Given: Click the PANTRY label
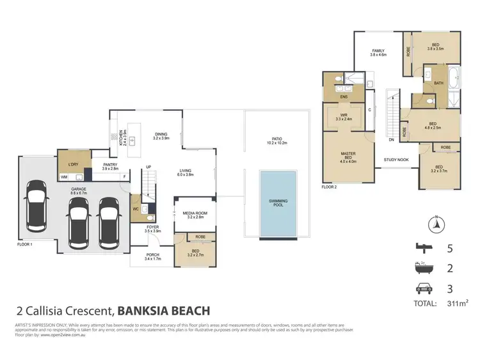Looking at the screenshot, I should point(109,166).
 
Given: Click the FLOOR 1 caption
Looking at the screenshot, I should point(26,244).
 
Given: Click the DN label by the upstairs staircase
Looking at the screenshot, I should point(391,139).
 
